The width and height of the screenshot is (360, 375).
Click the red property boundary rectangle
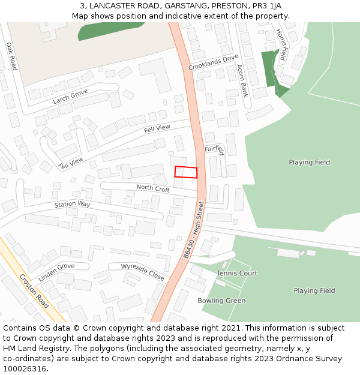point(186,172)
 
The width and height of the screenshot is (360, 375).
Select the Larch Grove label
point(70,96)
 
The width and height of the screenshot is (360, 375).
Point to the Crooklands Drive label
point(213,62)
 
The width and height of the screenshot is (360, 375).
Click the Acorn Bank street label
point(242,80)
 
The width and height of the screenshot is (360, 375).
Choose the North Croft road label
point(153,188)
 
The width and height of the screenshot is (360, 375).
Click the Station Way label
point(72,205)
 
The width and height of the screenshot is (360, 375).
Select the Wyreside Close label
point(142,272)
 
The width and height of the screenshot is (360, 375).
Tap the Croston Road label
point(34,291)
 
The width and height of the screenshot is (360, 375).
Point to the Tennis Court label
point(237,273)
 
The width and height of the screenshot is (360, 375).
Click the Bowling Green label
point(221,301)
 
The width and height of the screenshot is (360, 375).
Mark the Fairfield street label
point(215,149)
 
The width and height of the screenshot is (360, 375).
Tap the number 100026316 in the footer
point(25,369)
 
